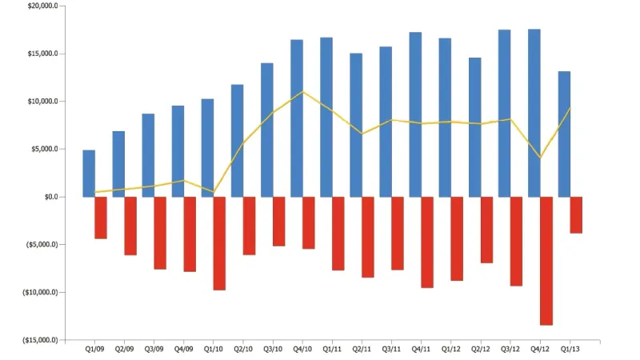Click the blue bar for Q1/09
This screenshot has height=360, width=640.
pyautogui.click(x=89, y=174)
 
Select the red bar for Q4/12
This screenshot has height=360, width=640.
pyautogui.click(x=546, y=261)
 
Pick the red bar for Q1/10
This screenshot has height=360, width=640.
pyautogui.click(x=219, y=243)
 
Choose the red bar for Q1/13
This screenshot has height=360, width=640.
pyautogui.click(x=576, y=215)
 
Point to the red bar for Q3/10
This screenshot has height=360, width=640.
pyautogui.click(x=278, y=221)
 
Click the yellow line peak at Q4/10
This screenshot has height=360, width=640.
pyautogui.click(x=302, y=92)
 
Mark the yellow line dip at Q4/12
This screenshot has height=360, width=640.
pyautogui.click(x=540, y=157)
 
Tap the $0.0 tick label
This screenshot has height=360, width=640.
pyautogui.click(x=48, y=197)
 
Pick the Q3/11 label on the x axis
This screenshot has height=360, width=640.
pyautogui.click(x=391, y=349)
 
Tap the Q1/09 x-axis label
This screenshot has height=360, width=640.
pyautogui.click(x=94, y=349)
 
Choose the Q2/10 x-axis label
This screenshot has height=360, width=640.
pyautogui.click(x=243, y=349)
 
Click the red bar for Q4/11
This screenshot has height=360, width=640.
pyautogui.click(x=427, y=242)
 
